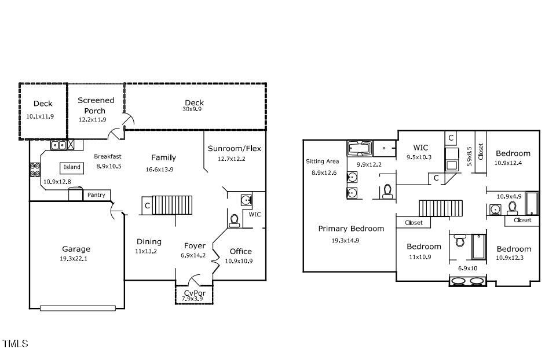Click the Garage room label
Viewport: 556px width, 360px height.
[x=76, y=249]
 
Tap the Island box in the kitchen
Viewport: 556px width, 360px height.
[x=72, y=167]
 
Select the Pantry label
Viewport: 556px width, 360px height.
[x=96, y=195]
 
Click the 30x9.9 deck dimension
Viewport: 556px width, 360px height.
[x=192, y=109]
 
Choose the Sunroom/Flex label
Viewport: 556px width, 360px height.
[x=234, y=149]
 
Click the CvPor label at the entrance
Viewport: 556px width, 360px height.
[x=195, y=293]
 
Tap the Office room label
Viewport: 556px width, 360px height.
[x=240, y=251]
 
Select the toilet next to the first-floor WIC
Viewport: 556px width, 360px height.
[x=235, y=220]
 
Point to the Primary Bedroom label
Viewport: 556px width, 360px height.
[x=350, y=229]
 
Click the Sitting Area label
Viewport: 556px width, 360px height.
[x=322, y=161]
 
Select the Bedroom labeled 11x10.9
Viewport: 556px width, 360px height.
[x=423, y=247]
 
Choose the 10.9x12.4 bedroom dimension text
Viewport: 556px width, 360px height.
[x=512, y=163]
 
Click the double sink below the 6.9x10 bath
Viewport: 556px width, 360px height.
[x=468, y=281]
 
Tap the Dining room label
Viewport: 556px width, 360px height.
[x=149, y=242]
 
